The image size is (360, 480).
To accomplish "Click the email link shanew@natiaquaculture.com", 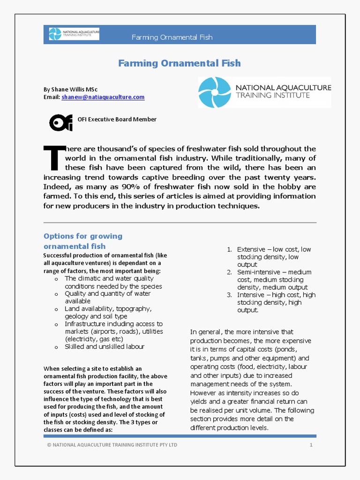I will click(103, 97).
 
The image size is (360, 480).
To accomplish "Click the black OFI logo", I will click(61, 122).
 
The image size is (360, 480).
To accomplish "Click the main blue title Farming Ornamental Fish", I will click(180, 63).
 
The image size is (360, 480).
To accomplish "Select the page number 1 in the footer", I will click(311, 445).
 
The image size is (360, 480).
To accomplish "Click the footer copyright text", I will click(112, 445).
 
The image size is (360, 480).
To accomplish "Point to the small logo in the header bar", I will click(74, 34).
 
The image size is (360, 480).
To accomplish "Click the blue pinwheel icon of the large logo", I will click(215, 92).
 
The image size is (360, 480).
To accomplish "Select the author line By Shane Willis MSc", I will click(70, 89).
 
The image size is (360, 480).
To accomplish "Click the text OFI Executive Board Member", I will click(117, 119).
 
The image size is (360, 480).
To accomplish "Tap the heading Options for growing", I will click(83, 236).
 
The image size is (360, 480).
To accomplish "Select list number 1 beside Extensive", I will click(229, 249).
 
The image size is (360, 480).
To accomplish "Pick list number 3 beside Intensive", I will click(229, 295).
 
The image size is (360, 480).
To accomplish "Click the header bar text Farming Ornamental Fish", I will click(172, 37).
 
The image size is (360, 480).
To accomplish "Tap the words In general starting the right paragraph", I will click(205, 332).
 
